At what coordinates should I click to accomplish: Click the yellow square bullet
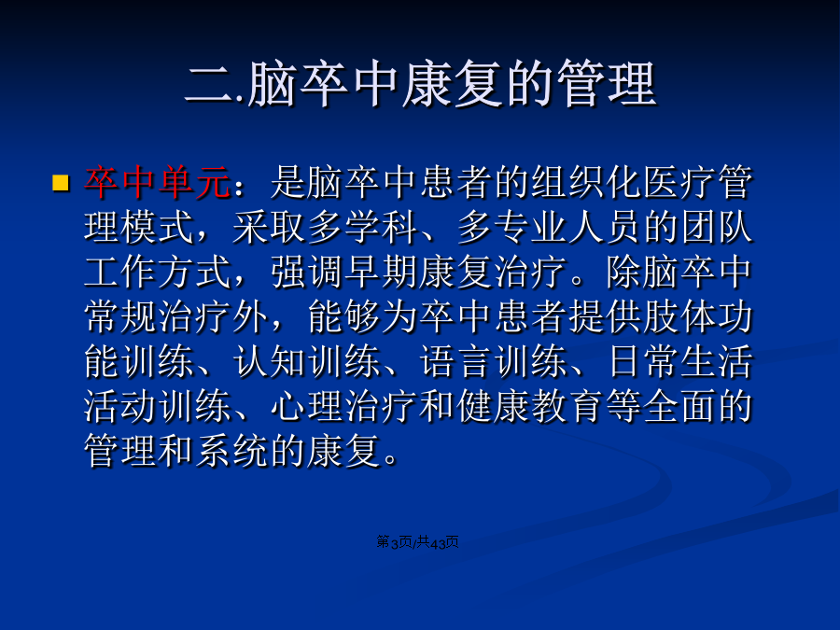tap(61, 183)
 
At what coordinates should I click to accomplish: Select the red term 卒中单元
tap(158, 183)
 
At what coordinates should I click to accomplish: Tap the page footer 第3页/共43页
tap(418, 542)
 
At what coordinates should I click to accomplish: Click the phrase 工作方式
tap(158, 273)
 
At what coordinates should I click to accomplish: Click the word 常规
tap(121, 317)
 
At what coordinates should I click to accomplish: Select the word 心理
tap(307, 407)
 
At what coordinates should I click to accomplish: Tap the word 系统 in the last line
tap(232, 451)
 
